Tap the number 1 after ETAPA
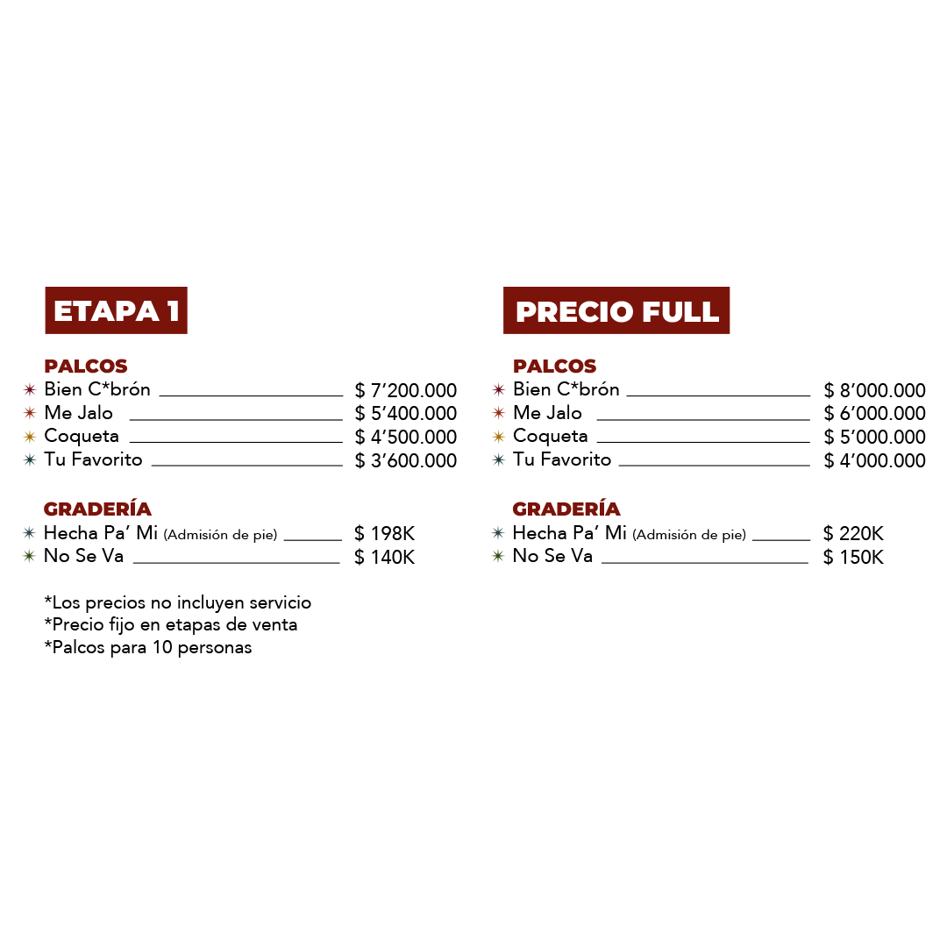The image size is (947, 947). pyautogui.click(x=173, y=311)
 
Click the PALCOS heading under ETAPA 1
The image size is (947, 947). pyautogui.click(x=86, y=367)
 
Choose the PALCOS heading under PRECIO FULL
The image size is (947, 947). pyautogui.click(x=554, y=367)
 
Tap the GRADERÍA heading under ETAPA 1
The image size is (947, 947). pyautogui.click(x=97, y=509)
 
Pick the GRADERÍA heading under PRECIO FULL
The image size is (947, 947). pyautogui.click(x=566, y=509)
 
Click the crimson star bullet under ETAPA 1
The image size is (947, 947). pyautogui.click(x=30, y=389)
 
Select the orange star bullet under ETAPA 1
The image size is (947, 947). pyautogui.click(x=30, y=412)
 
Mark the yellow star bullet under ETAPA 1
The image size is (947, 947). pyautogui.click(x=30, y=437)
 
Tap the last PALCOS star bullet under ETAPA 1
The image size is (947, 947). pyautogui.click(x=30, y=459)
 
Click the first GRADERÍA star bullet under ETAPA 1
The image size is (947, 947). pyautogui.click(x=29, y=532)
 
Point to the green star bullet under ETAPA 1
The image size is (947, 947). pyautogui.click(x=29, y=556)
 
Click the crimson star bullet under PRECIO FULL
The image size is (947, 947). pyautogui.click(x=498, y=389)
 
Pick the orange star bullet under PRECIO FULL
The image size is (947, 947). pyautogui.click(x=498, y=412)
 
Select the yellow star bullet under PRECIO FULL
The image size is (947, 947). pyautogui.click(x=498, y=437)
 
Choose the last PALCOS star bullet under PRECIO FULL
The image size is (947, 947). pyautogui.click(x=498, y=459)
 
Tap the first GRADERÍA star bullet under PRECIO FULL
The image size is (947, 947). pyautogui.click(x=498, y=532)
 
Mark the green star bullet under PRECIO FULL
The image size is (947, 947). pyautogui.click(x=498, y=556)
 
